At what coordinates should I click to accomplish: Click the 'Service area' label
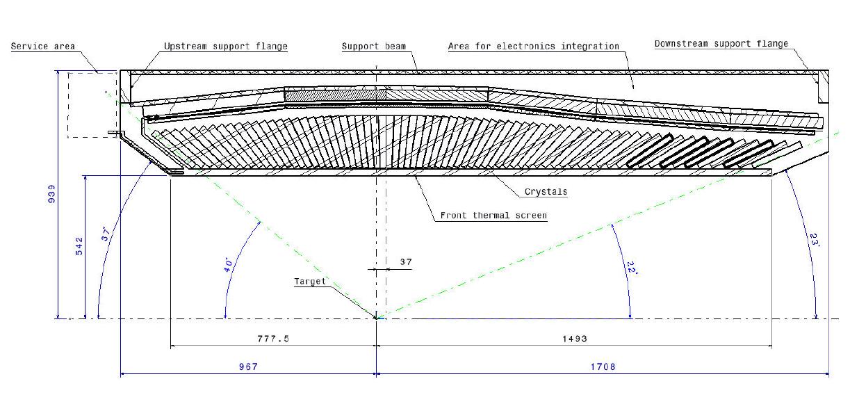[43, 47]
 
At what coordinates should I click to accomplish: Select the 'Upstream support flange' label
[225, 47]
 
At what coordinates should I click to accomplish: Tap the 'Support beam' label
[374, 47]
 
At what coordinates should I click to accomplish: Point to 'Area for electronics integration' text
[534, 47]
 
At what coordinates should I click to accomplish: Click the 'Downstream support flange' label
[721, 44]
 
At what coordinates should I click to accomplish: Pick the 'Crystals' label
[546, 192]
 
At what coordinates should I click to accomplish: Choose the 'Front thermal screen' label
[493, 216]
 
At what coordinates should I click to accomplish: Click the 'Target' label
[310, 282]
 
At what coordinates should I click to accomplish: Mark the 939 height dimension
[51, 194]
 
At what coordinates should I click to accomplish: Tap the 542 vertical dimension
[79, 246]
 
